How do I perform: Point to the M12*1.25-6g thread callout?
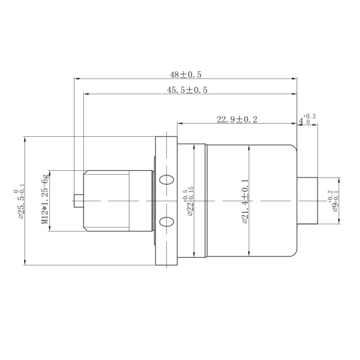(x=45, y=200)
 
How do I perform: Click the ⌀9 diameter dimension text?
(x=333, y=202)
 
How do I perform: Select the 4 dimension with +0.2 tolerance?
(x=307, y=120)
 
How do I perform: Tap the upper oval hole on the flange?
(x=166, y=179)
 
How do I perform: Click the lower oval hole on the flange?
(x=166, y=221)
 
